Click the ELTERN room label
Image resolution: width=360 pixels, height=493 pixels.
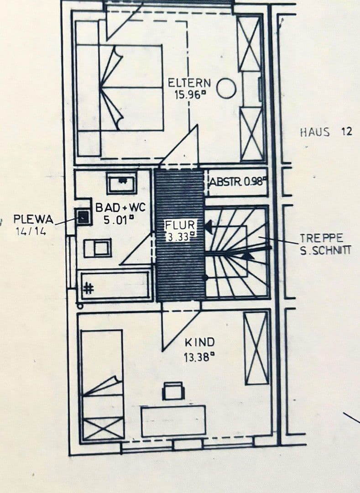click(189, 83)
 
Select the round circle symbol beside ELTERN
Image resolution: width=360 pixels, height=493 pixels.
click(226, 88)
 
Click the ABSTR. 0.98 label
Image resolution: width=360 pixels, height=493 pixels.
click(237, 181)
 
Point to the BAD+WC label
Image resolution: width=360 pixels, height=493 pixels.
click(120, 208)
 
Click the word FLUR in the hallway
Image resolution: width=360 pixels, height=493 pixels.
click(181, 225)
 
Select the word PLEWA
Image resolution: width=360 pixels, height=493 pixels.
click(33, 220)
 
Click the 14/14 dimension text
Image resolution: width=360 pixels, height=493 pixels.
click(31, 231)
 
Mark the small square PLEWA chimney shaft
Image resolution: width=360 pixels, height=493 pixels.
click(83, 217)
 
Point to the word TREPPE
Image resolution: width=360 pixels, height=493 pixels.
click(321, 238)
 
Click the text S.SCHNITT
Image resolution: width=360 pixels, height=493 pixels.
click(325, 250)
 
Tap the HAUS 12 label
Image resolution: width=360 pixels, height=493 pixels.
click(326, 132)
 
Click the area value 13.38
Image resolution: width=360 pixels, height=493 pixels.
click(199, 357)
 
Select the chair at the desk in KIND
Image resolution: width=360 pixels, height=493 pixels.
click(173, 391)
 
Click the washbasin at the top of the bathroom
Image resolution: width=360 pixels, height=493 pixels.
click(122, 183)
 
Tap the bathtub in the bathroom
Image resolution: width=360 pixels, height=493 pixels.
click(115, 286)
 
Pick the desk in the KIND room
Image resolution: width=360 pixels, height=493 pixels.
click(173, 420)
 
